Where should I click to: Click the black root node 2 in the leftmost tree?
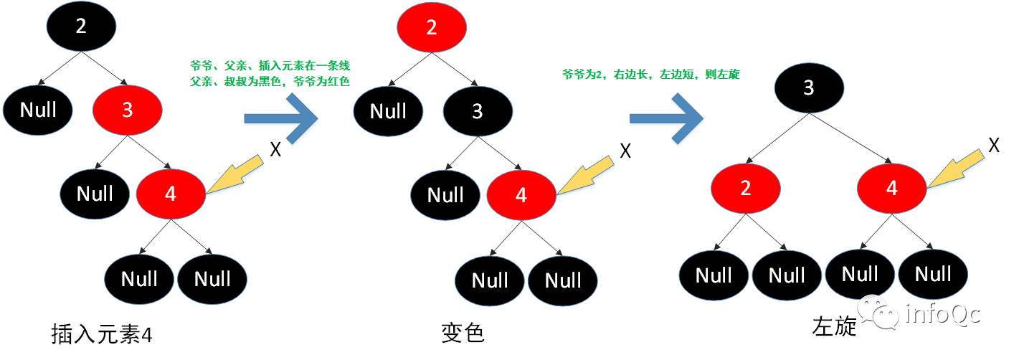[x=81, y=27]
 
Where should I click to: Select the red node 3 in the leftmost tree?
[x=127, y=110]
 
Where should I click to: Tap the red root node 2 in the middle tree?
[x=431, y=28]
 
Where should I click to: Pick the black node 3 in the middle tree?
[x=478, y=111]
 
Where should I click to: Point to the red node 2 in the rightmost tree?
[x=746, y=189]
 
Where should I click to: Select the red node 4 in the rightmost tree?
[x=891, y=189]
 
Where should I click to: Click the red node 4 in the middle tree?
[x=521, y=195]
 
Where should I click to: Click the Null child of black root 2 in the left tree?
[x=38, y=110]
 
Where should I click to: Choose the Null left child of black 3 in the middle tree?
[x=445, y=195]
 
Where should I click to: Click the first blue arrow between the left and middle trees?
[x=280, y=118]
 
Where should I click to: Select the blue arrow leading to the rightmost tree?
[x=665, y=118]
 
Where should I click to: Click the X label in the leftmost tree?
[x=275, y=149]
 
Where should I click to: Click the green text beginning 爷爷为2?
[x=650, y=74]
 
